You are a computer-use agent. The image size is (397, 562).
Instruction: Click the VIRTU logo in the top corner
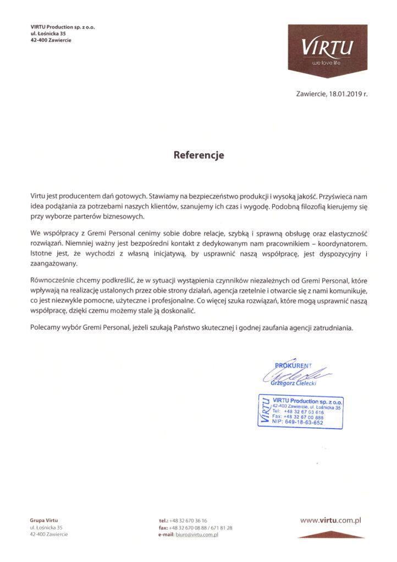[x=328, y=50]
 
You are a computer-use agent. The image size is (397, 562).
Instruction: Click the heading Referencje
[x=198, y=155]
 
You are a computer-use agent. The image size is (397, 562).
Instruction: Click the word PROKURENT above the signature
[x=293, y=366]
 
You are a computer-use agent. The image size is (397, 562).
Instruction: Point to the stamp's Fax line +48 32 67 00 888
[x=297, y=417]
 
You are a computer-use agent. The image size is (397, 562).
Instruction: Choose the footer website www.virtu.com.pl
[x=330, y=519]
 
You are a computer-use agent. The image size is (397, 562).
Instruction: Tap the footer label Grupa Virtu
[x=44, y=520]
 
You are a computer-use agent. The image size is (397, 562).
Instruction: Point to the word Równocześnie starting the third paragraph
[x=55, y=280]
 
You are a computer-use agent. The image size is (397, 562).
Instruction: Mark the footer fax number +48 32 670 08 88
[x=186, y=527]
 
